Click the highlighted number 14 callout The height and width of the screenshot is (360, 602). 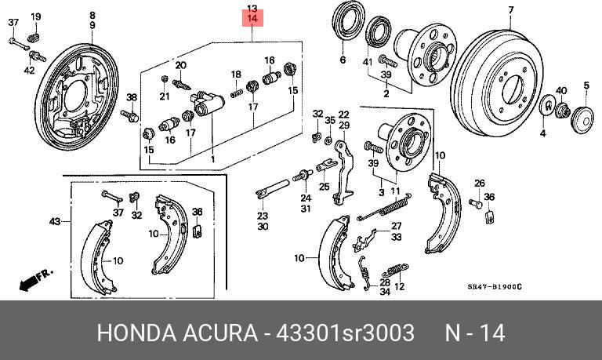coord(252,17)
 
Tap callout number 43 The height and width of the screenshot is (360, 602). coord(55,222)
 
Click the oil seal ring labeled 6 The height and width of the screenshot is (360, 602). coord(345,24)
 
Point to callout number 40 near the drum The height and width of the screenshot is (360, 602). coord(561,92)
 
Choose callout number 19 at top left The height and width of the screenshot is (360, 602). coord(35,16)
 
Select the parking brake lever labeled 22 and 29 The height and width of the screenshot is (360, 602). coord(342,168)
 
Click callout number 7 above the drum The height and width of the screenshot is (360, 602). coord(510,9)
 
